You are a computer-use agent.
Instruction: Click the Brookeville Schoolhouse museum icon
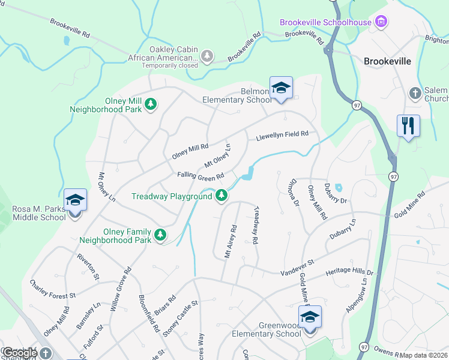click(379, 22)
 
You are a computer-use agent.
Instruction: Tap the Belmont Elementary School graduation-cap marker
click(280, 89)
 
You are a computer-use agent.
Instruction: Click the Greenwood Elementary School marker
click(310, 318)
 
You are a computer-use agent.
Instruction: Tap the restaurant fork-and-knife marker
click(408, 127)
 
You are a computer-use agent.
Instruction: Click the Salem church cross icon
click(414, 93)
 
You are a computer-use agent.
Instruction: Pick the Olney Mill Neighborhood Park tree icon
click(151, 104)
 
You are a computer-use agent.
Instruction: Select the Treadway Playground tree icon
click(221, 196)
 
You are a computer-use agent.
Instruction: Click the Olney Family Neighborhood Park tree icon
click(160, 235)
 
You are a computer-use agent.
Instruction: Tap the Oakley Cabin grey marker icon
click(207, 56)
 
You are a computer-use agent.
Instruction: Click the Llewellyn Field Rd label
click(282, 136)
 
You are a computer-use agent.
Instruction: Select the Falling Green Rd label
click(200, 175)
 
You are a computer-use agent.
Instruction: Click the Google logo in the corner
click(19, 353)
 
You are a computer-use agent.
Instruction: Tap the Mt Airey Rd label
click(231, 242)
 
